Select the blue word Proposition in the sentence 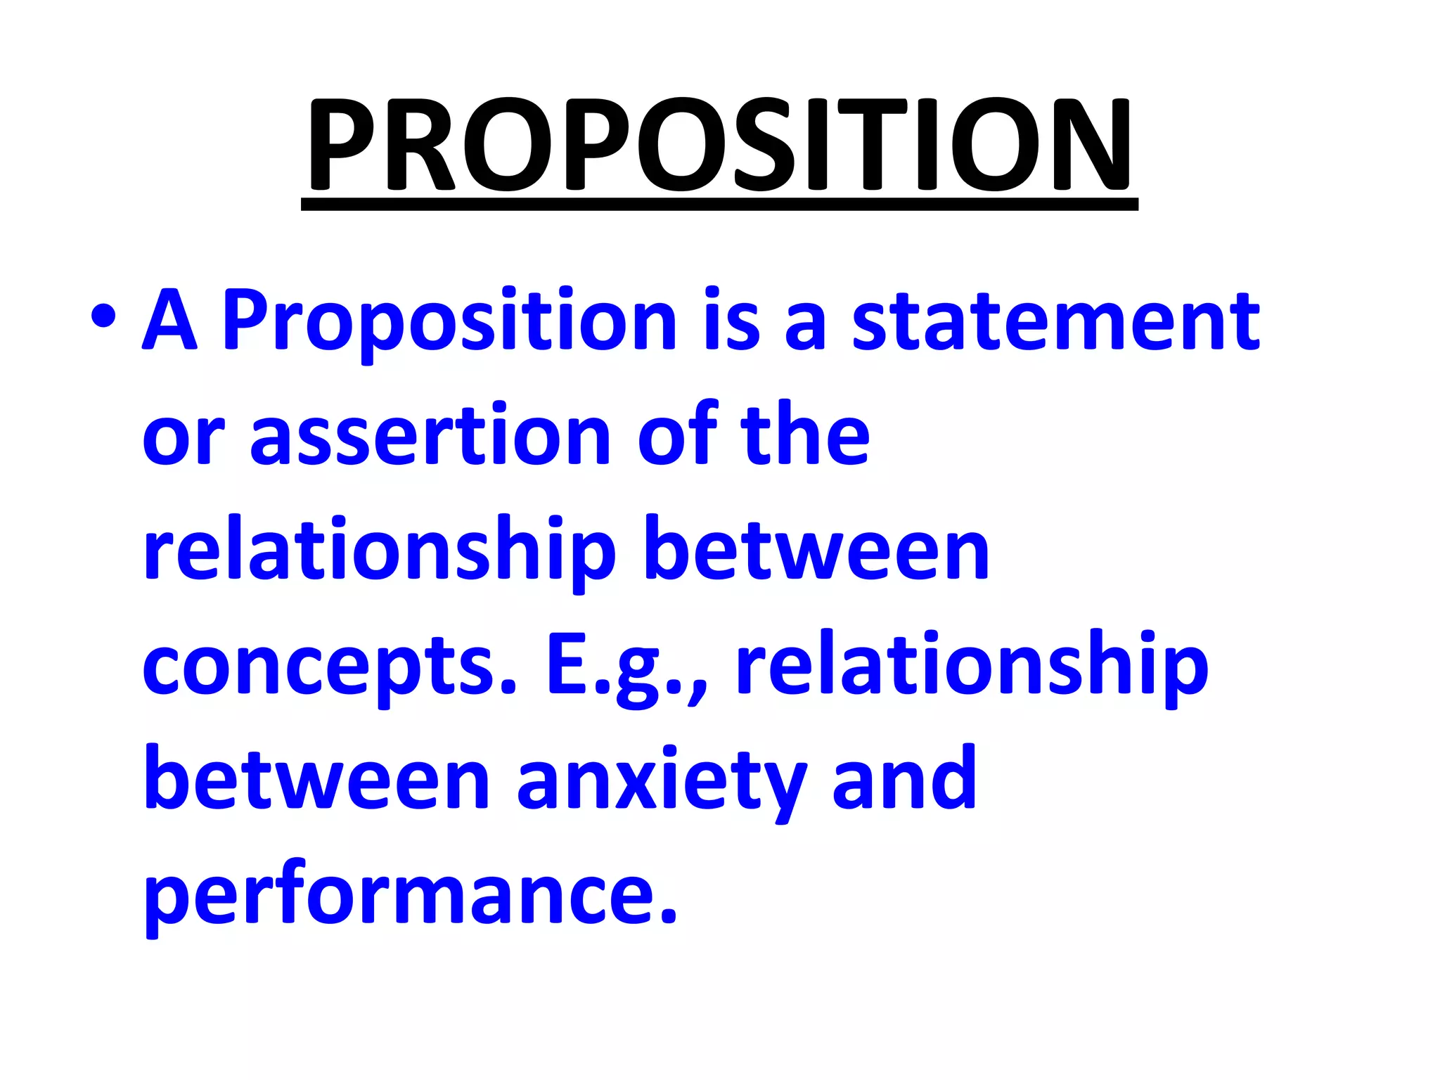click(449, 321)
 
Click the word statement click(1055, 321)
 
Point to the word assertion click(430, 436)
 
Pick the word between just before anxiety click(316, 780)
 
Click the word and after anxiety click(904, 780)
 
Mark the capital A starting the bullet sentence click(169, 321)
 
